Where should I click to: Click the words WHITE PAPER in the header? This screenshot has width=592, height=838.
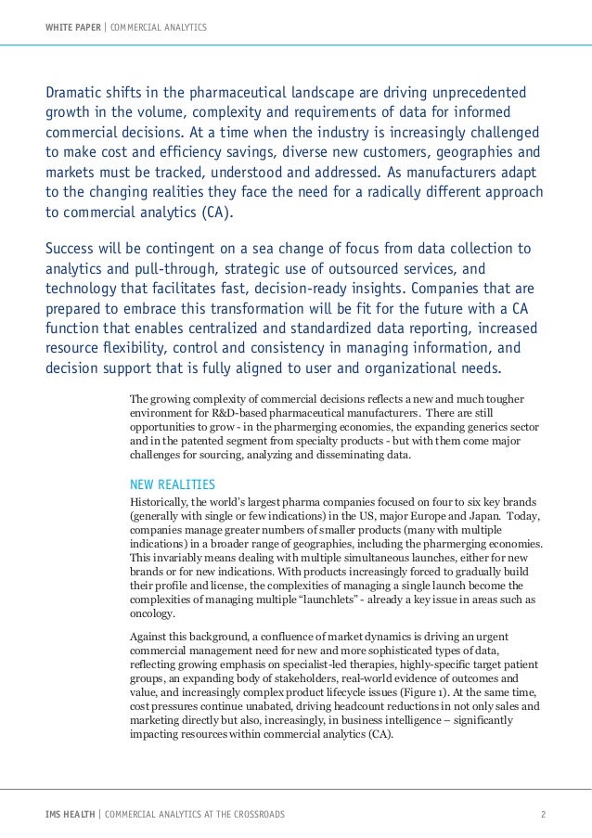[x=73, y=26]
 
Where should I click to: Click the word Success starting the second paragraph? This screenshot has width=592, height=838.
[x=75, y=249]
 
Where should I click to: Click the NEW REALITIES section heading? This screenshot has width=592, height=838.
[x=173, y=484]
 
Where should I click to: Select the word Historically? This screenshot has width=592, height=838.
[x=163, y=502]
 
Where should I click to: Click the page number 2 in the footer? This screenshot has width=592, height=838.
[x=544, y=815]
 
